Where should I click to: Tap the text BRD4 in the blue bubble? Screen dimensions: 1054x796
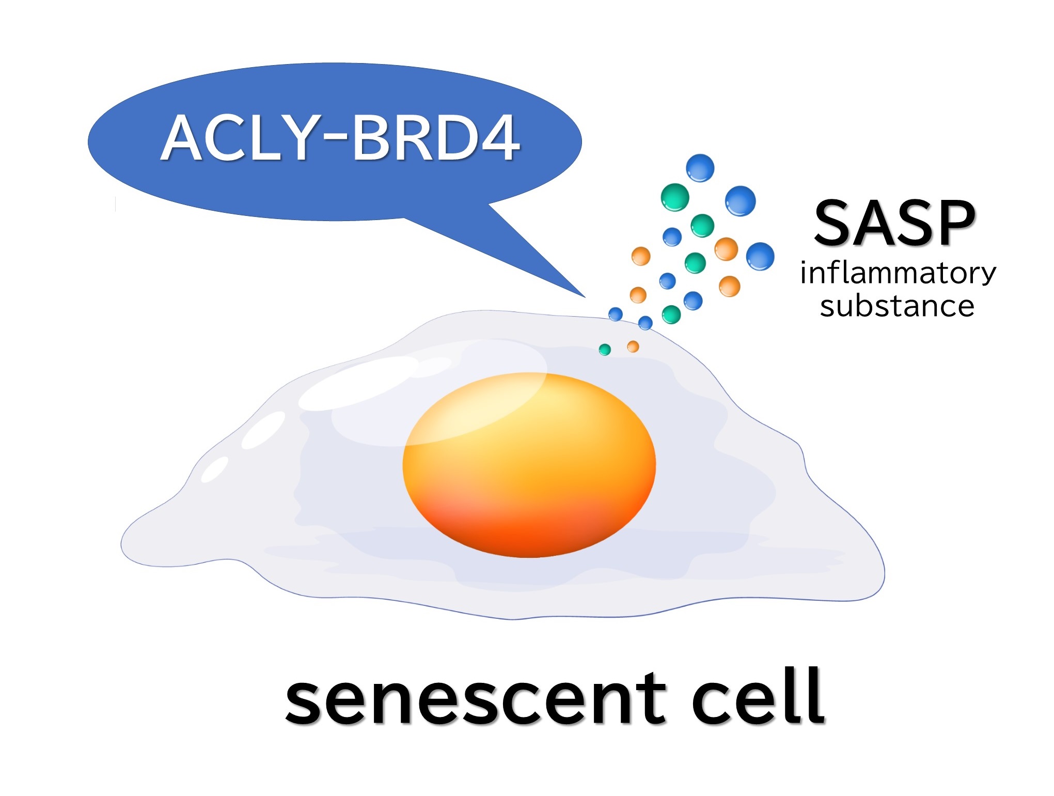435,137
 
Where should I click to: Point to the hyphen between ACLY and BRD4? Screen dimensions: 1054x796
335,139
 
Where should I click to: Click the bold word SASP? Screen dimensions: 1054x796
894,223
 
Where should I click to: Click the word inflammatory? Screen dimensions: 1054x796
898,273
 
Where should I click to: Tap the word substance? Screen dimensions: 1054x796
897,305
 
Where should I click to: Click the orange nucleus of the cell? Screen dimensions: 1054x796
529,465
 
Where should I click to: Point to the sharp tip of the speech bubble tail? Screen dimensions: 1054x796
586,298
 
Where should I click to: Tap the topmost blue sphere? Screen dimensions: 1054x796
700,168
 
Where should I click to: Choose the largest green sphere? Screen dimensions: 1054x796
675,197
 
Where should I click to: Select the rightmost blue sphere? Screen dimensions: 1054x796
760,256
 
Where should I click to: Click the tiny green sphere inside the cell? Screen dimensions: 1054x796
605,350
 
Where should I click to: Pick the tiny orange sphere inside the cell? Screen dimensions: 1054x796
633,347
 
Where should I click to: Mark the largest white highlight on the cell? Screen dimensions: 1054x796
359,383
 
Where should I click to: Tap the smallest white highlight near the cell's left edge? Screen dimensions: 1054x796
214,469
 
